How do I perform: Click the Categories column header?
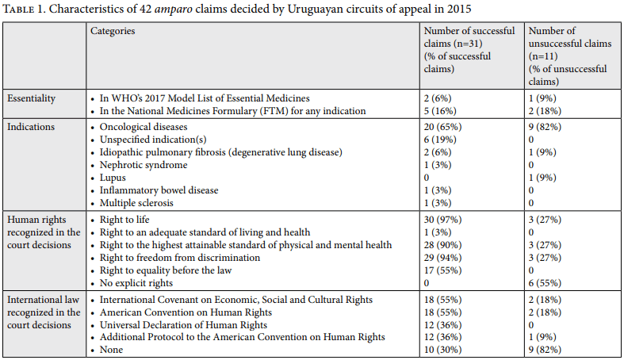point(113,31)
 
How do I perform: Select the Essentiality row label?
point(31,98)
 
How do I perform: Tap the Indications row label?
point(31,127)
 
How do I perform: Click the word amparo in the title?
point(173,10)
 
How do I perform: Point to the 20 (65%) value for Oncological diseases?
point(442,127)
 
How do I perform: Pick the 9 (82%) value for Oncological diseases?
point(545,127)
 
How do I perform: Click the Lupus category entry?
point(113,178)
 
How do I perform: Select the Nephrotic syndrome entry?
point(144,165)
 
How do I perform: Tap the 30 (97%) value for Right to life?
point(442,220)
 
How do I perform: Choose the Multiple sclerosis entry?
point(136,203)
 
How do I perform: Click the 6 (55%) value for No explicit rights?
point(545,283)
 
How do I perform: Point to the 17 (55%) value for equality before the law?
point(442,270)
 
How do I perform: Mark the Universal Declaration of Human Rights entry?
point(183,325)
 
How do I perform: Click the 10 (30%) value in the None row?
point(442,350)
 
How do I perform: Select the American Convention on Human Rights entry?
point(186,312)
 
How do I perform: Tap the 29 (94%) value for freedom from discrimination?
point(442,258)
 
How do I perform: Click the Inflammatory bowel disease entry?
point(159,190)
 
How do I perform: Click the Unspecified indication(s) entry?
point(153,140)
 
